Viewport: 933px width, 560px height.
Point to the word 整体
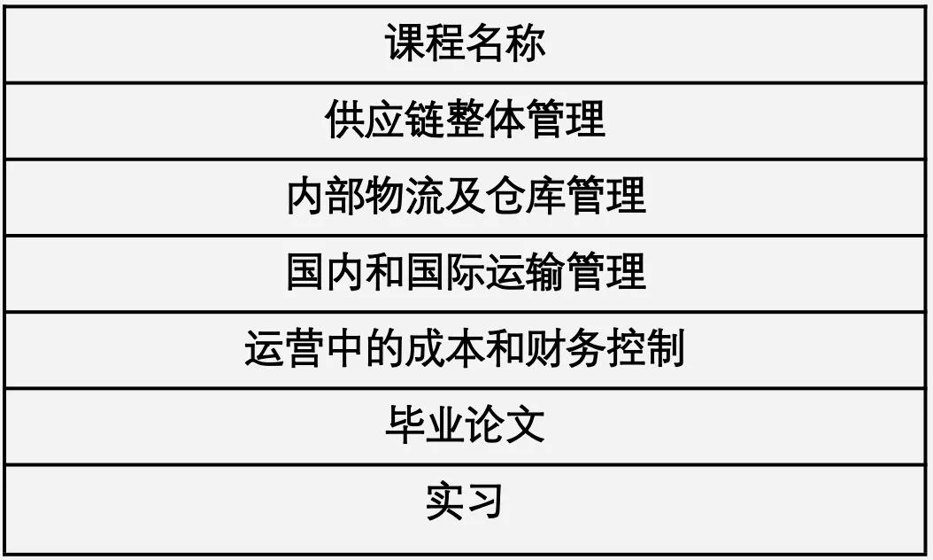(486, 120)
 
